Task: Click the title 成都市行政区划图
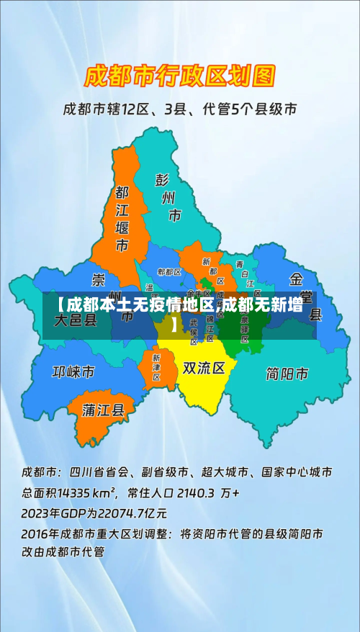(180, 75)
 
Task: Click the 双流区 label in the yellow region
(204, 369)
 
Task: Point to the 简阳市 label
(287, 374)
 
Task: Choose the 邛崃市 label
(73, 372)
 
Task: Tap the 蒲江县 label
(104, 410)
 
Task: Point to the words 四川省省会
(100, 473)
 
